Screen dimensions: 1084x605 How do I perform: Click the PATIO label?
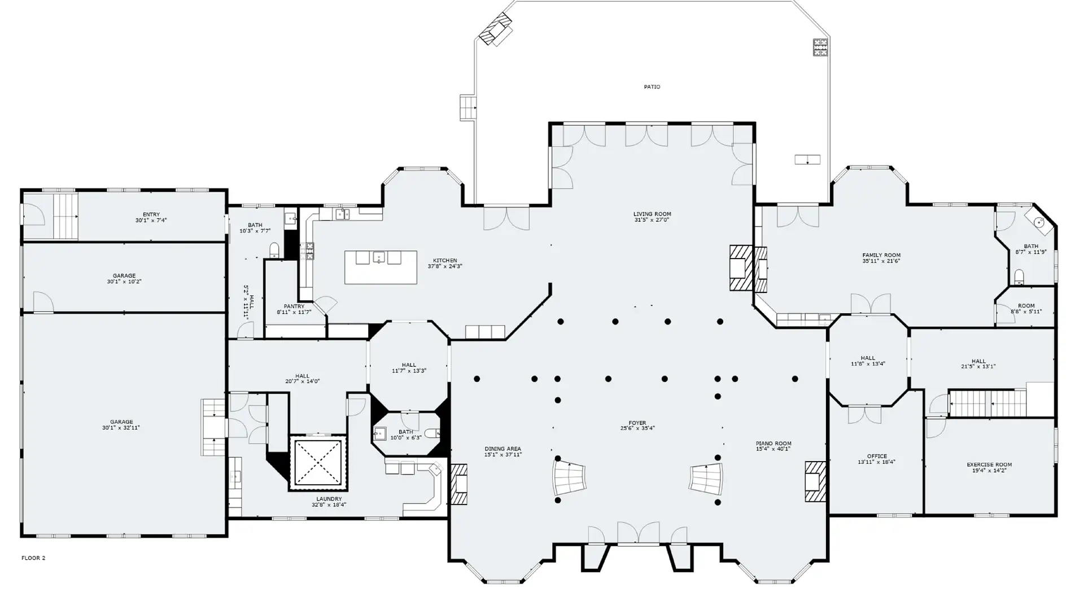(x=652, y=87)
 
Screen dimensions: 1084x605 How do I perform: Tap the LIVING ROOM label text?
(x=652, y=214)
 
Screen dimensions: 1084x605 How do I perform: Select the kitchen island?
(x=381, y=268)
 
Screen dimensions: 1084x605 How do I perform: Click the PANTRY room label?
(x=294, y=306)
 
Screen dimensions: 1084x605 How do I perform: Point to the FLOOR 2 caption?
(x=33, y=558)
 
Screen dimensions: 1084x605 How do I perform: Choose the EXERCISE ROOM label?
(x=989, y=465)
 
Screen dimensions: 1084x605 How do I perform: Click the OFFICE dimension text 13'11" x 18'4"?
(x=876, y=462)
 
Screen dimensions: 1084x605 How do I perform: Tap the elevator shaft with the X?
(x=318, y=462)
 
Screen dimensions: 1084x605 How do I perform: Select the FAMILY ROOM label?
(x=881, y=255)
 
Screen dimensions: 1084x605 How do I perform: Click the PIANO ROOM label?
(x=773, y=444)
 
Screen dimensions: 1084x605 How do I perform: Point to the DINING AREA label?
(x=502, y=449)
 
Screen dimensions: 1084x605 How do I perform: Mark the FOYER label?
(x=637, y=423)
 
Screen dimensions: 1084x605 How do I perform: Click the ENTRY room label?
(x=151, y=214)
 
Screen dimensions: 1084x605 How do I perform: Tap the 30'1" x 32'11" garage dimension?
(x=121, y=428)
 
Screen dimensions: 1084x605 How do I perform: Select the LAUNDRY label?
(x=329, y=499)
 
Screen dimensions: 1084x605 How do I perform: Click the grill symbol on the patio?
(x=820, y=47)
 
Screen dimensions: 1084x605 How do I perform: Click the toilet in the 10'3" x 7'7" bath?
(x=274, y=249)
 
